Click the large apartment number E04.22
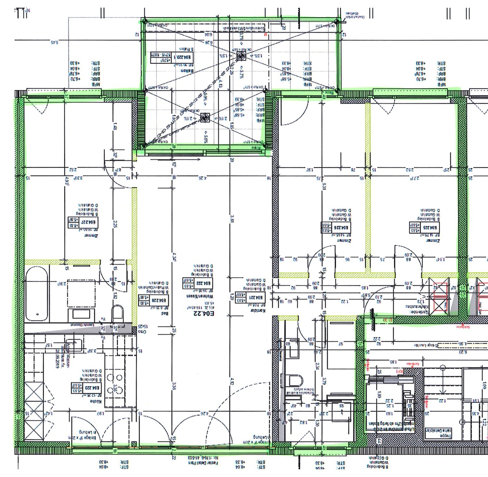tap(204, 314)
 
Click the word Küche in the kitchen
tap(96, 401)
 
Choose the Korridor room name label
tap(258, 310)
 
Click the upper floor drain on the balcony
tap(241, 56)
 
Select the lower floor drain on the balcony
tap(205, 118)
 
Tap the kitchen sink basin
tap(75, 345)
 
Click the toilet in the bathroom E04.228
tap(117, 313)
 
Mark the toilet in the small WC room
tap(296, 381)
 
